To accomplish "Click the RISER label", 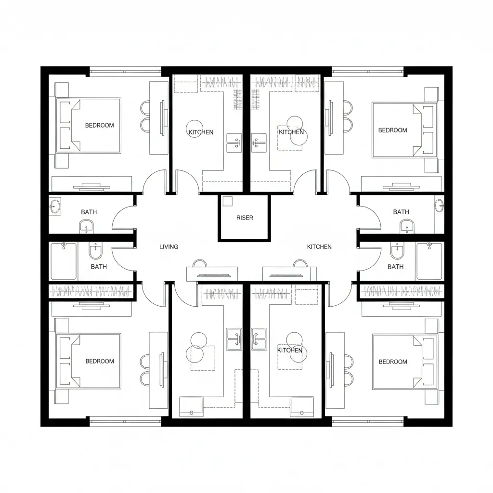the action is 245,218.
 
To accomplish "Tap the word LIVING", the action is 169,247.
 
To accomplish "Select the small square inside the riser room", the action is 227,201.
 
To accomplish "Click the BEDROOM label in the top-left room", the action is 99,126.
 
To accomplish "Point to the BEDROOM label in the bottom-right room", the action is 393,362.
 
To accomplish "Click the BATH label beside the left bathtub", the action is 99,267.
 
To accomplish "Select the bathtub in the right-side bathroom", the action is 429,261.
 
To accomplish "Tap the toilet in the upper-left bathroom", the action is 86,226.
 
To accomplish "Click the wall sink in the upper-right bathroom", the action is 440,206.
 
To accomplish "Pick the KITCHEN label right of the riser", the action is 319,247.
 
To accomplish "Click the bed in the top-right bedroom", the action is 404,130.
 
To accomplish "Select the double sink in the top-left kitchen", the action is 234,143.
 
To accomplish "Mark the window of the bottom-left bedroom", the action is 126,419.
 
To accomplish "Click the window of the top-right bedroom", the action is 367,72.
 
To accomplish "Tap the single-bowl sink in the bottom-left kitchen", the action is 191,407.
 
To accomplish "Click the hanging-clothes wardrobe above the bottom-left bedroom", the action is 91,291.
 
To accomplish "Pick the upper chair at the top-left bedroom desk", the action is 145,107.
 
